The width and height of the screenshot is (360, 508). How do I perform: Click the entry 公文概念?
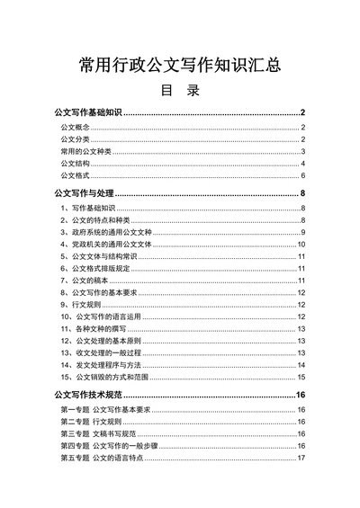75,129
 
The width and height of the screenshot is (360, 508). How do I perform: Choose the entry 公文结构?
75,164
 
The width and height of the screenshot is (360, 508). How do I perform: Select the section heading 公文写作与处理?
85,193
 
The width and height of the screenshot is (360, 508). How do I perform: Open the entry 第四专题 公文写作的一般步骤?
112,446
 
